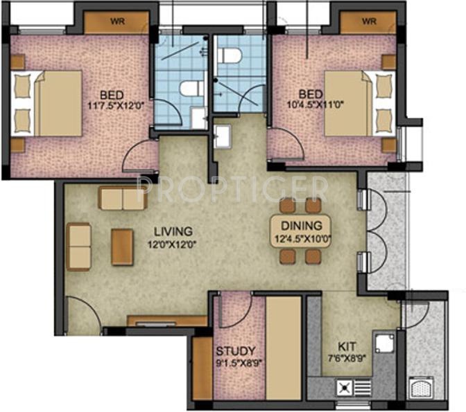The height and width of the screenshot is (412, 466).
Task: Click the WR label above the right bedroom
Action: point(368,21)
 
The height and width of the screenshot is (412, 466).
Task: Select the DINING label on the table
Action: point(301,226)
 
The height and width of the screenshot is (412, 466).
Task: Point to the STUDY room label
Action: point(236,350)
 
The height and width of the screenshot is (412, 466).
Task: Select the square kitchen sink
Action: point(383,343)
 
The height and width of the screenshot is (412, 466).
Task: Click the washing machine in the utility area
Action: point(421,387)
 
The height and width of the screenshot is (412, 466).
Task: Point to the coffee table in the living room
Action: point(122,247)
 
